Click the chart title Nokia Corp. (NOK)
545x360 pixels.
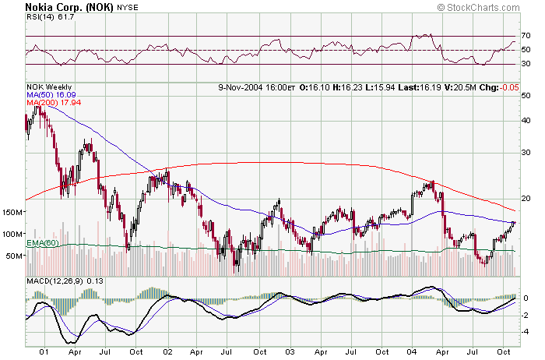tap(69, 7)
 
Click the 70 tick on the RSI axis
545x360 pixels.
tap(526, 36)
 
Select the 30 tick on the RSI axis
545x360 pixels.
tap(526, 64)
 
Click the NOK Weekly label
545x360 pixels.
tap(49, 86)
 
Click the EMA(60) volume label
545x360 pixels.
tap(44, 245)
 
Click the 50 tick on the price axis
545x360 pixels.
tap(526, 95)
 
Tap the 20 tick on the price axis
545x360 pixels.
tap(526, 196)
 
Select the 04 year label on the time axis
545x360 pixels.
tap(413, 351)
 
